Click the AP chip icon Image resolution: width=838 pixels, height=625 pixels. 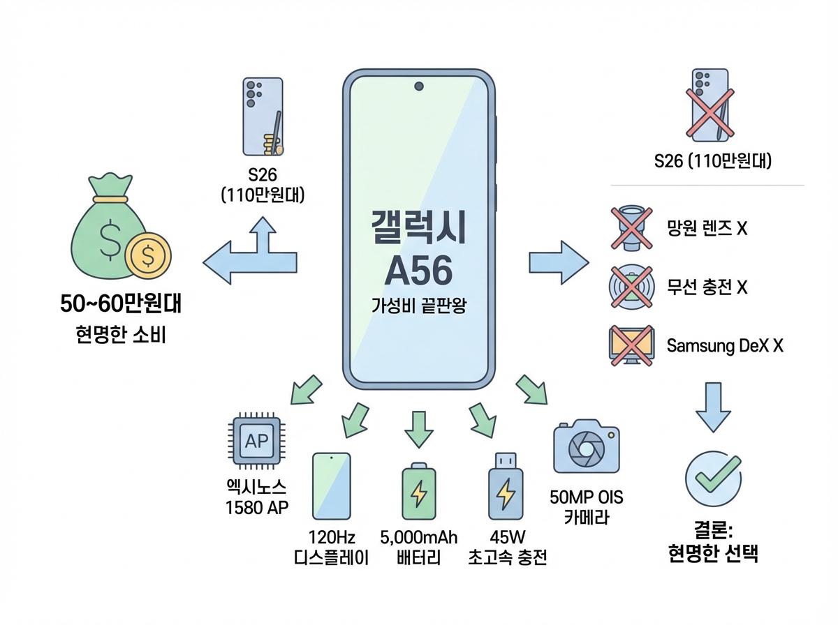click(x=256, y=440)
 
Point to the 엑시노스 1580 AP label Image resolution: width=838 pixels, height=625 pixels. click(x=256, y=497)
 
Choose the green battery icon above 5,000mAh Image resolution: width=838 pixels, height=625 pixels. click(x=418, y=491)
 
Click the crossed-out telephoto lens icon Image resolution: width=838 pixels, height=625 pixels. click(x=631, y=227)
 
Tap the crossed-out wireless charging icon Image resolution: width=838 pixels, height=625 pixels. click(x=631, y=287)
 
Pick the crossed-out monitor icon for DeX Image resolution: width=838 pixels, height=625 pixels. click(x=631, y=345)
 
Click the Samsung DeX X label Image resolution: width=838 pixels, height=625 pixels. click(x=725, y=346)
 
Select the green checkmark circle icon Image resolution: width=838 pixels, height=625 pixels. click(x=712, y=479)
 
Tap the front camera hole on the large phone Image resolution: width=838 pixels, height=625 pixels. click(x=419, y=86)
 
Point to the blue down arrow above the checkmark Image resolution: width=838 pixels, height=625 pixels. click(x=712, y=407)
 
